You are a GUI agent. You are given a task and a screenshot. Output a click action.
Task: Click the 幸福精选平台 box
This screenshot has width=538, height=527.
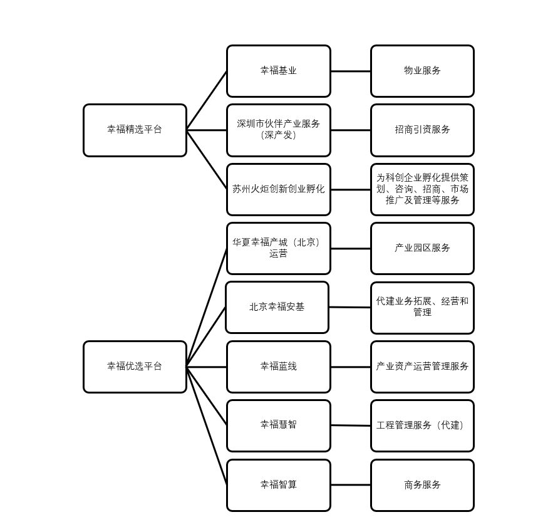[135, 130]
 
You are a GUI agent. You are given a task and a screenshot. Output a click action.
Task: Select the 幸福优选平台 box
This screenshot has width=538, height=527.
[135, 367]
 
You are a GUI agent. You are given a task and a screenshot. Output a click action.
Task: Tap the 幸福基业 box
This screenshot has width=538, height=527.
[278, 71]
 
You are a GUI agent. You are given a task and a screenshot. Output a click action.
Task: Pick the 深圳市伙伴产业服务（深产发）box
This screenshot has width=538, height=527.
[278, 130]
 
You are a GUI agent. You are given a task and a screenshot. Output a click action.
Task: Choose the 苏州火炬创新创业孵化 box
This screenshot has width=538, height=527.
[278, 189]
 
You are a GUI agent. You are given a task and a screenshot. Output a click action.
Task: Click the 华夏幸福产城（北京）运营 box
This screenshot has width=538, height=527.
[278, 249]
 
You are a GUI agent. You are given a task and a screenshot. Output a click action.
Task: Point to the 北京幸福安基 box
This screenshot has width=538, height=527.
[277, 307]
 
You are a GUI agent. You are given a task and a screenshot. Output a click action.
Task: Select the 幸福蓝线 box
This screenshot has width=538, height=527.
[278, 367]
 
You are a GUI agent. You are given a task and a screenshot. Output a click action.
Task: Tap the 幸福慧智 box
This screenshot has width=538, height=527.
[278, 425]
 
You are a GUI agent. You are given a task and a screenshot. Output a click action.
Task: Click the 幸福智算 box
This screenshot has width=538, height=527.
[278, 485]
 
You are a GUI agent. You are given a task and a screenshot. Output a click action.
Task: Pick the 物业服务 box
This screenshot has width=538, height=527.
[422, 71]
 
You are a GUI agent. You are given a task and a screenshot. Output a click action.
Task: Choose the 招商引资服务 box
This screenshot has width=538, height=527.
[422, 130]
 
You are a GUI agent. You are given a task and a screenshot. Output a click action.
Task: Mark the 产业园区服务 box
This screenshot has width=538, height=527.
[422, 249]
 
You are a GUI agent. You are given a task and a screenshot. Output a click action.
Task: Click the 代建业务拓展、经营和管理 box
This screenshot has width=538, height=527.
[422, 308]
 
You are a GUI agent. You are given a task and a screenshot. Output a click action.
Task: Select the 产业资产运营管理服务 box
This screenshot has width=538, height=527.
[422, 367]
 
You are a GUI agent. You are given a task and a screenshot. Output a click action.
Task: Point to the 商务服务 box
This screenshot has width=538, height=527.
[422, 485]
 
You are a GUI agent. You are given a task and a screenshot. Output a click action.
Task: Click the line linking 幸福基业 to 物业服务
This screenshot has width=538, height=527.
[350, 71]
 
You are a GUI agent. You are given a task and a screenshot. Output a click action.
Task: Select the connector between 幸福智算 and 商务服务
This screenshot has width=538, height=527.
[350, 485]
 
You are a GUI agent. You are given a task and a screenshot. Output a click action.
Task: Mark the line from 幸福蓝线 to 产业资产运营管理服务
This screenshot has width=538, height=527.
[350, 367]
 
